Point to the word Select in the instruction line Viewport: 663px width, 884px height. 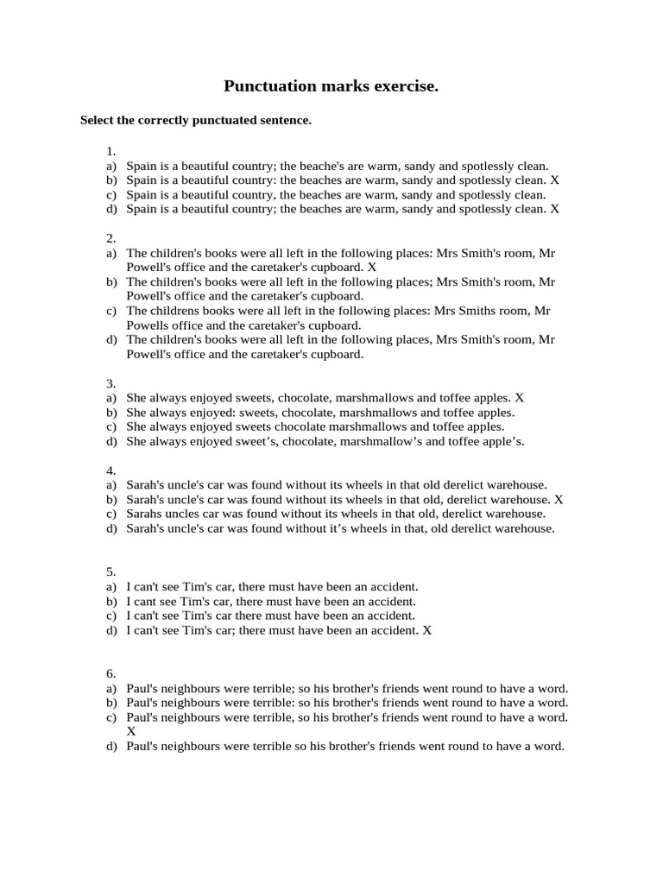98,121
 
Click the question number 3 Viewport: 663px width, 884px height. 110,383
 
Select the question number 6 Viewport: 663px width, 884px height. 110,674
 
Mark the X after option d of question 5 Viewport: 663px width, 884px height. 426,631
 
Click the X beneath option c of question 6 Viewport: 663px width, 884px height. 131,731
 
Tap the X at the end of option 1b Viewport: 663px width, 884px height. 555,180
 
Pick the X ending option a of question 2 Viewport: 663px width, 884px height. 372,268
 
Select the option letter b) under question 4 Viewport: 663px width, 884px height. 111,500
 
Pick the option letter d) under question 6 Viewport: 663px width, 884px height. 111,747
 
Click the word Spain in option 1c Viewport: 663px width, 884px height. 142,195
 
